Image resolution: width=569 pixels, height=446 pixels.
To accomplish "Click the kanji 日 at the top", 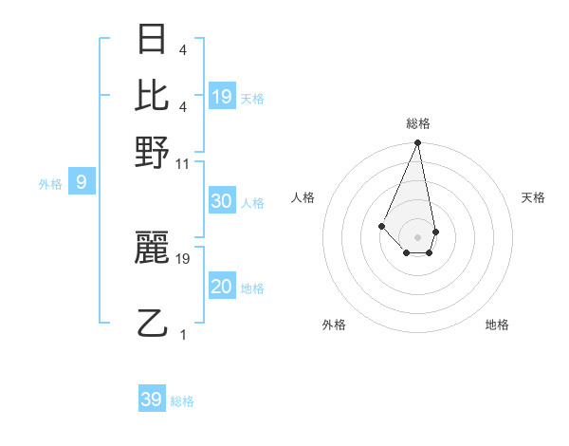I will (153, 42).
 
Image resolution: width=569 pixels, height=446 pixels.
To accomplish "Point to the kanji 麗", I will (153, 248).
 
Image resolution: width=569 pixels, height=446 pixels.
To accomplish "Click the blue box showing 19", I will (222, 96).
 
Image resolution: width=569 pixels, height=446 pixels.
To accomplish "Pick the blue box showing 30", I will (222, 201).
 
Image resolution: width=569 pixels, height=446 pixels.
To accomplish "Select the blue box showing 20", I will (222, 287).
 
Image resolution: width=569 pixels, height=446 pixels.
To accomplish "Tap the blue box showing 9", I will (82, 182).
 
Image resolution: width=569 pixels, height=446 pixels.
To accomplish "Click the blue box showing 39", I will (152, 400).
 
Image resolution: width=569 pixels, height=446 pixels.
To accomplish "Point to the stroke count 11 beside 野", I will (183, 163).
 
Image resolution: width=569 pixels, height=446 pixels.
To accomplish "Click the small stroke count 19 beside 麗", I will (183, 258).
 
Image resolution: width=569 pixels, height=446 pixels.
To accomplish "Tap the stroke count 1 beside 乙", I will (183, 334).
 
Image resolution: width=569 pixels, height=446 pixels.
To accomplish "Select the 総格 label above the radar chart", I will (418, 123).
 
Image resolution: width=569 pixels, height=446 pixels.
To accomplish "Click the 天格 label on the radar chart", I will (533, 197).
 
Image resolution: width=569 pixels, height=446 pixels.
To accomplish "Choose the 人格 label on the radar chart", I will (303, 197).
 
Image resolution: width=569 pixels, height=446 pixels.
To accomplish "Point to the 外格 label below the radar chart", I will (334, 325).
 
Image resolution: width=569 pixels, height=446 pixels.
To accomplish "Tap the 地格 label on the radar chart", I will (497, 325).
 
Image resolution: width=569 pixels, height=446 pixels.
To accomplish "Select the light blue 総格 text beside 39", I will (182, 401).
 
